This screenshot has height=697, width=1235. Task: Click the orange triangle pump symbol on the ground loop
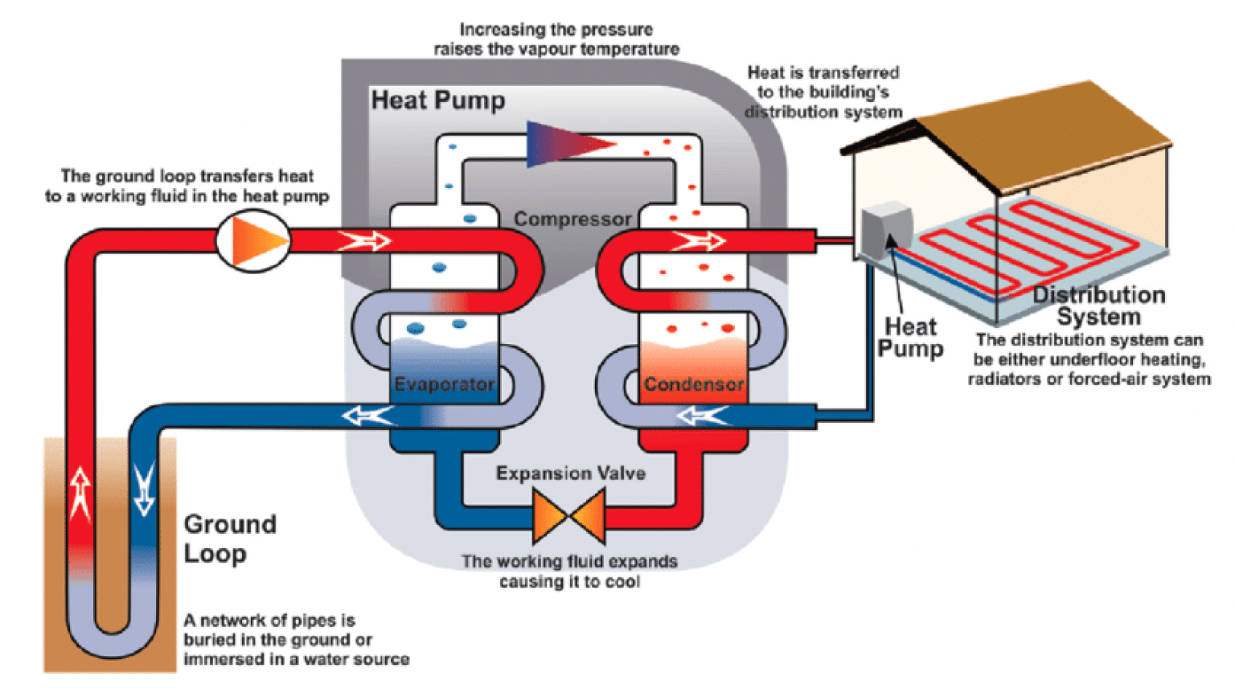[x=255, y=240]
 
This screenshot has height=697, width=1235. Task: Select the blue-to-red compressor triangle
[x=567, y=145]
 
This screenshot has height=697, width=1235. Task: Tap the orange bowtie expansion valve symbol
[x=568, y=516]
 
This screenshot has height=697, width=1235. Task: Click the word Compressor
[x=572, y=219]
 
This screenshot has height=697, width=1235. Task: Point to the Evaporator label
[x=444, y=384]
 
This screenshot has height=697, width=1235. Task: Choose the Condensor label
[x=693, y=384]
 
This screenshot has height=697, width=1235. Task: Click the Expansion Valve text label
[x=570, y=474]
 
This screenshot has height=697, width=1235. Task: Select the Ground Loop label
[x=229, y=539]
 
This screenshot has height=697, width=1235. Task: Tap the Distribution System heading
[x=1098, y=305]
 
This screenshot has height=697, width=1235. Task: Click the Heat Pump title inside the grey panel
[x=438, y=100]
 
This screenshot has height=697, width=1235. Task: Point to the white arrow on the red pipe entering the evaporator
[x=364, y=240]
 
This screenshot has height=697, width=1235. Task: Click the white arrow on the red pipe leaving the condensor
[x=699, y=240]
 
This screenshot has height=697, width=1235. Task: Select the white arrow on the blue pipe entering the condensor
[x=702, y=416]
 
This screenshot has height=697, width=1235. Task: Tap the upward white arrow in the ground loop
[x=80, y=492]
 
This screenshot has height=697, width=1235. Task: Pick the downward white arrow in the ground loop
[x=144, y=489]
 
